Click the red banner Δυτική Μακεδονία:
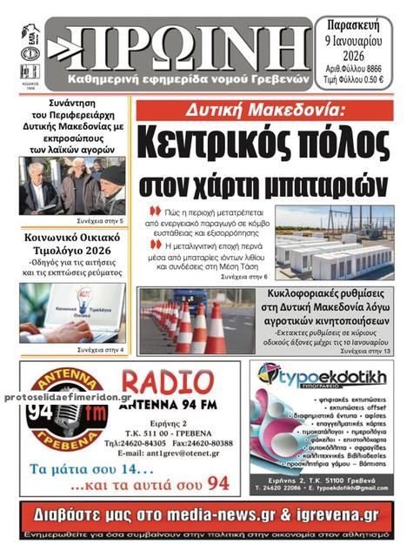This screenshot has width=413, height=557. click(x=270, y=111)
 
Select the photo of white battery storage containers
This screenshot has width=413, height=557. click(x=334, y=242)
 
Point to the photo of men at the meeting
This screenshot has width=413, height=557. click(x=73, y=185)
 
